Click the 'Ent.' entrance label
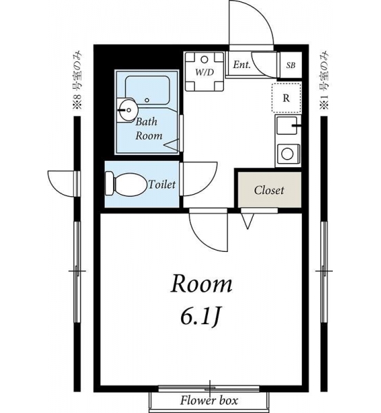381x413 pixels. tap(242, 65)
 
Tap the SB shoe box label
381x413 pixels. tap(291, 65)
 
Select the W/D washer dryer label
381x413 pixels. tap(205, 72)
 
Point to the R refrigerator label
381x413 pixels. tap(286, 98)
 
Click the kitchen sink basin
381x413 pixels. tap(287, 126)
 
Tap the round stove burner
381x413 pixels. tap(287, 153)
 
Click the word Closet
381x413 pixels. tap(269, 190)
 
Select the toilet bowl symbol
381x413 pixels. tap(126, 184)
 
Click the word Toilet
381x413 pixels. tap(162, 184)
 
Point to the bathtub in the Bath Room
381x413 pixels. tap(147, 90)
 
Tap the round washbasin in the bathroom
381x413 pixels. tap(128, 109)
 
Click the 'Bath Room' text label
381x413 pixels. tap(149, 129)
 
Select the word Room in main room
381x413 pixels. tap(201, 284)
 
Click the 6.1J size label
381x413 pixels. tap(199, 317)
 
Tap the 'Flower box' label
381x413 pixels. tap(209, 401)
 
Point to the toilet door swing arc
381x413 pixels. tap(209, 184)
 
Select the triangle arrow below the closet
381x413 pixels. tap(247, 221)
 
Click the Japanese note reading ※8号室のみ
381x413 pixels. tap(78, 81)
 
